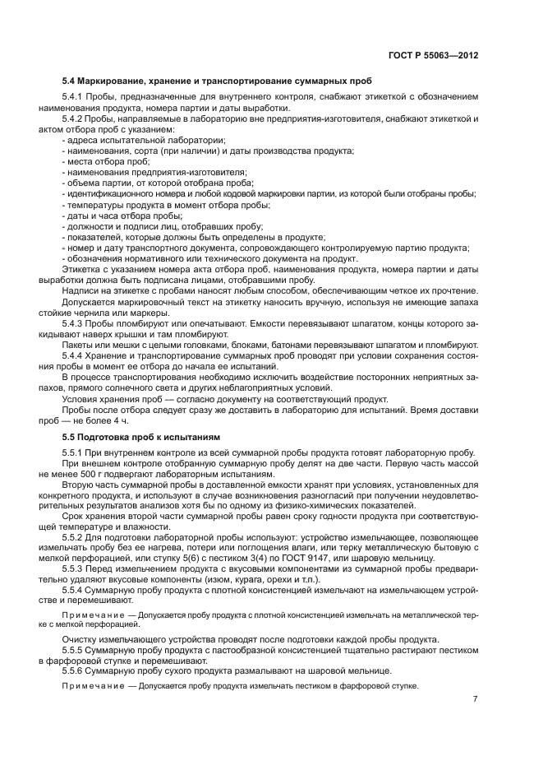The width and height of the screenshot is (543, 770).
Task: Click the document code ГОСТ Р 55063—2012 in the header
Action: pos(432,54)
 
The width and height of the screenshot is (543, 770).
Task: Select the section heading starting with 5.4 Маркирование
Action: pos(217,82)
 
